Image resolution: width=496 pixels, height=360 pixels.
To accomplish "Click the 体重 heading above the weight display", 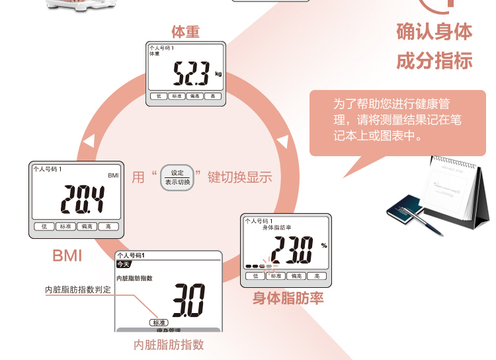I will pyautogui.click(x=185, y=32).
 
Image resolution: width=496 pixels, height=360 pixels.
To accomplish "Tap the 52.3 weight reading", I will pyautogui.click(x=190, y=73).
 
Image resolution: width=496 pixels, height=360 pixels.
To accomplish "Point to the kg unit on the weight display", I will pyautogui.click(x=218, y=74).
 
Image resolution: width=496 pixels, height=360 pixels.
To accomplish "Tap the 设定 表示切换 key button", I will pyautogui.click(x=177, y=177).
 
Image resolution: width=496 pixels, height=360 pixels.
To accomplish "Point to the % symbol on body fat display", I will pyautogui.click(x=324, y=246).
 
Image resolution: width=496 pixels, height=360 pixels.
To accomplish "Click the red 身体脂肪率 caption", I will pyautogui.click(x=288, y=298).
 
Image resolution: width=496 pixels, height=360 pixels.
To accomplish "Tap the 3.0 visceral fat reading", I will pyautogui.click(x=188, y=301).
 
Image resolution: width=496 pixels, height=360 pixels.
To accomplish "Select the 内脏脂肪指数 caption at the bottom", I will pyautogui.click(x=169, y=345).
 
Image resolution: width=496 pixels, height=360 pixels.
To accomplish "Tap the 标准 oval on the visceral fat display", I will pyautogui.click(x=158, y=322).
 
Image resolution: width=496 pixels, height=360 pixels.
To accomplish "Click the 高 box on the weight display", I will pyautogui.click(x=212, y=96).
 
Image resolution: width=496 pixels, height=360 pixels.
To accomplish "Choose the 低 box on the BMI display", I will pyautogui.click(x=44, y=226).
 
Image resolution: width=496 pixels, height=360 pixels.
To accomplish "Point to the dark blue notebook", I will pyautogui.click(x=405, y=212).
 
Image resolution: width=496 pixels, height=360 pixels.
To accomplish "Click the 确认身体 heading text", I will pyautogui.click(x=434, y=32).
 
